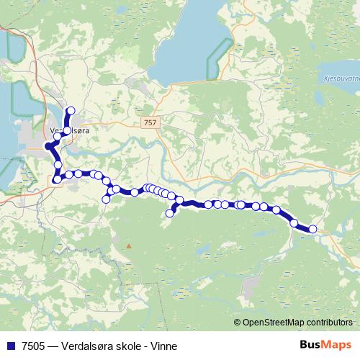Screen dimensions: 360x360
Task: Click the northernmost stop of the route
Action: (71, 110)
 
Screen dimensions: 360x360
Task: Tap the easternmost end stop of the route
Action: (312, 229)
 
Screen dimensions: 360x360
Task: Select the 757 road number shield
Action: (149, 123)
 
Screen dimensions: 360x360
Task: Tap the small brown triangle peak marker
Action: (129, 246)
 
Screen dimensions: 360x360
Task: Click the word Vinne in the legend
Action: (163, 346)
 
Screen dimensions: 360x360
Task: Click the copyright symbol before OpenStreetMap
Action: (238, 323)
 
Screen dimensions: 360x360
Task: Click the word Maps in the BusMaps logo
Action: (337, 345)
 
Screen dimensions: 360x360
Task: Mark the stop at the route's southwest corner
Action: (55, 179)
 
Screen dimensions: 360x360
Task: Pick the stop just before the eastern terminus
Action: (294, 222)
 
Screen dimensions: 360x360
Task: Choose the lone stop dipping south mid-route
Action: (171, 212)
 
